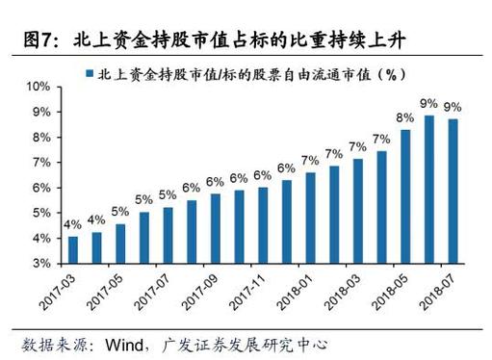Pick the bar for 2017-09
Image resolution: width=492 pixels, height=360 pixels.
click(215, 227)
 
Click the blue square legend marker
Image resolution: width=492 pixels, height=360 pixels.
click(89, 74)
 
